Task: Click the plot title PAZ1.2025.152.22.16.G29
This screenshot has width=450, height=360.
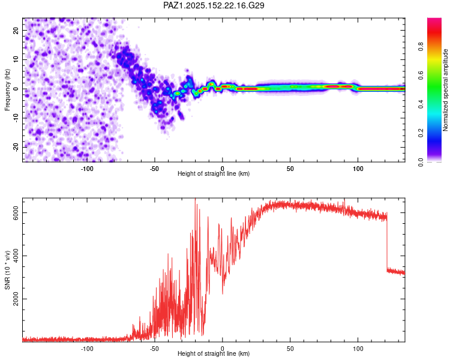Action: tap(214, 5)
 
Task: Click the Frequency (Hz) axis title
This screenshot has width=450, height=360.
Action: tap(7, 90)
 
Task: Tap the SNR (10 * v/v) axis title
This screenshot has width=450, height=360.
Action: tap(7, 270)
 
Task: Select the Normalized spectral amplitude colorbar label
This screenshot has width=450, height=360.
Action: tap(445, 90)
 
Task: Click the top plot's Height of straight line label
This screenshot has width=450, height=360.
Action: tap(214, 173)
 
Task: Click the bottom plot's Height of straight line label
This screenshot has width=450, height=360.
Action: tap(214, 353)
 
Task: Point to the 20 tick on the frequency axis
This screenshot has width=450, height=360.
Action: tap(16, 30)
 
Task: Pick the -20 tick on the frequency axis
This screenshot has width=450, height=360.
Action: tap(16, 148)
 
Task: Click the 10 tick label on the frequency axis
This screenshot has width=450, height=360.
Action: tap(16, 59)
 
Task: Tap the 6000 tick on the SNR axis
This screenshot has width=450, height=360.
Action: tap(16, 213)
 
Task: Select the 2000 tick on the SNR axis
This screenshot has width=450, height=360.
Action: tap(16, 299)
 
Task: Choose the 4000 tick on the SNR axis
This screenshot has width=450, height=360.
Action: tap(16, 256)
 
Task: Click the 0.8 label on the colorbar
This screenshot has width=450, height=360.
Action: tap(421, 47)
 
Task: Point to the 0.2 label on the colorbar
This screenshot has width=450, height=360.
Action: tap(421, 133)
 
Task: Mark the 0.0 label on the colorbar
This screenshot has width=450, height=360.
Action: tap(421, 162)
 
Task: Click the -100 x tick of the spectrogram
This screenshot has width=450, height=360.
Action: tap(86, 169)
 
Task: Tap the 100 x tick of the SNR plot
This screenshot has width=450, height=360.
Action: tap(358, 349)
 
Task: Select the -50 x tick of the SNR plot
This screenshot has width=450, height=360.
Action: tap(154, 349)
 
